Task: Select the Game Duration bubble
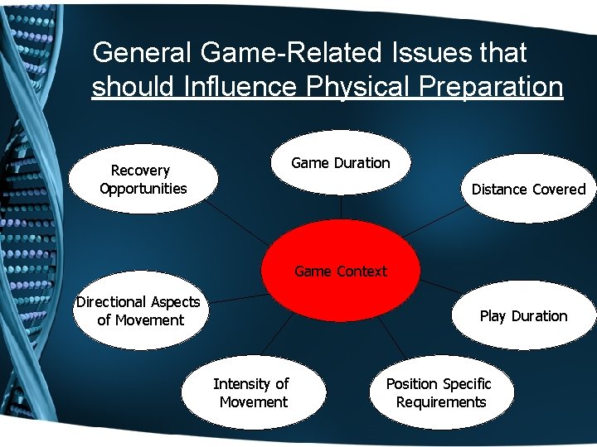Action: point(341,163)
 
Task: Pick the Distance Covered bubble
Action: point(528,190)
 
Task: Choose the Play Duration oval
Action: point(523,316)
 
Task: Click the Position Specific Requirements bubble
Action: point(439,393)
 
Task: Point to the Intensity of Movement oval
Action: point(252,393)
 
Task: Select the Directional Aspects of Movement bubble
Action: point(139,311)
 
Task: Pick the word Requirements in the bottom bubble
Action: point(441,402)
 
